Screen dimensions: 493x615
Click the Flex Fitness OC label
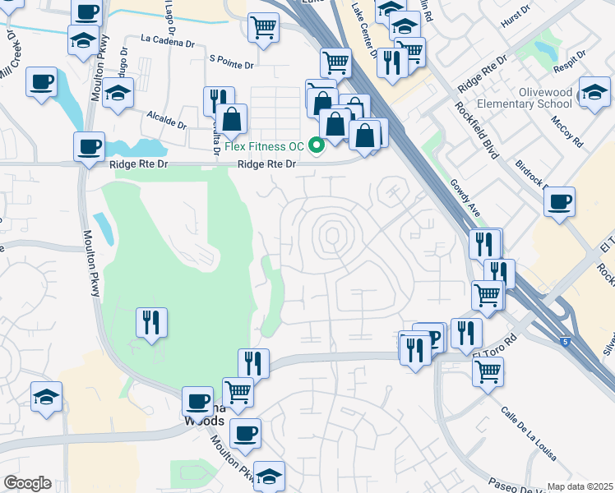click(264, 146)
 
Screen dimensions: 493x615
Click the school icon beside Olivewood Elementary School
click(594, 94)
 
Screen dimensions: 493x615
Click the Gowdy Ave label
click(465, 198)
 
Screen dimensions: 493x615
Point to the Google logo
click(27, 483)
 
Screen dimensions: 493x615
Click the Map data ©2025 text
click(580, 486)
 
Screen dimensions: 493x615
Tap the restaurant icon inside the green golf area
click(151, 321)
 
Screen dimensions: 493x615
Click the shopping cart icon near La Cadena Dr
click(262, 26)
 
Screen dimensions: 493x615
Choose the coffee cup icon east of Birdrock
click(559, 202)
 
